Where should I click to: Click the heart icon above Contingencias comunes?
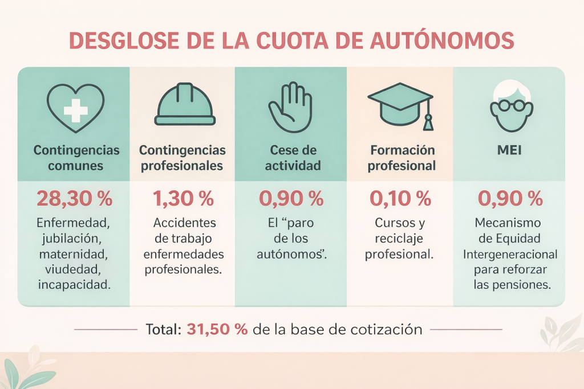point(75,108)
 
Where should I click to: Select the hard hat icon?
point(185,105)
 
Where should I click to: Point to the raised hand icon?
point(290,107)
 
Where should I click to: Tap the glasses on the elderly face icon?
point(509,107)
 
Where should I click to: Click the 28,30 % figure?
point(74,199)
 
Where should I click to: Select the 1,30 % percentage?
point(182,199)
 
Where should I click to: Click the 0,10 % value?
point(400,199)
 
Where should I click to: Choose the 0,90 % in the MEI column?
point(510,199)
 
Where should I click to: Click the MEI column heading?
point(510,151)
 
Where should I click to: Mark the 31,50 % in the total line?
point(217,329)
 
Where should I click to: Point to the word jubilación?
point(74,238)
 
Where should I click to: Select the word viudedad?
point(74,269)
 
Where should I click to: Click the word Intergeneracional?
point(510,253)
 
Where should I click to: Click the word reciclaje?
point(400,238)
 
